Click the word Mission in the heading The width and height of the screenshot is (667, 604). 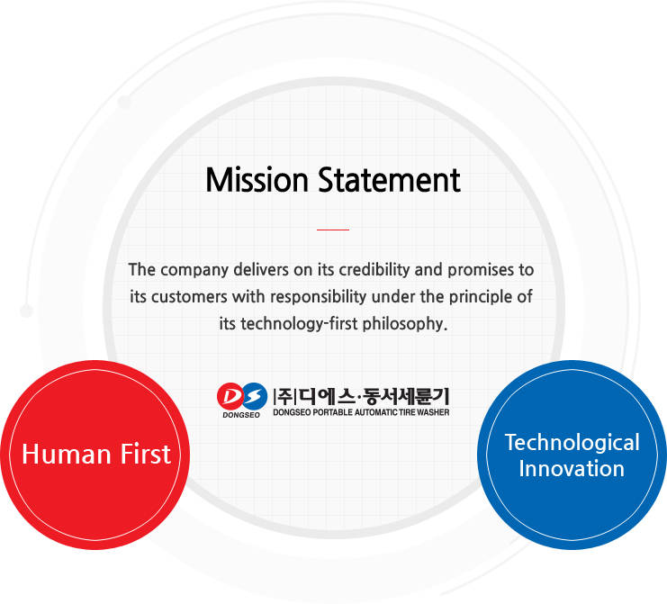(257, 180)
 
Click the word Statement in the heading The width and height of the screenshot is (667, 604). (389, 180)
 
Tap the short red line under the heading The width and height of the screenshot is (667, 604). (333, 230)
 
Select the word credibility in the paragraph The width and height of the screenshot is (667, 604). (374, 270)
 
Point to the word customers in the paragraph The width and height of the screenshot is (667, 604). (189, 297)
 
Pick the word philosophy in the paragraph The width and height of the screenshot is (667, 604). (403, 324)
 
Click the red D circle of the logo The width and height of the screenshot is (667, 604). (230, 396)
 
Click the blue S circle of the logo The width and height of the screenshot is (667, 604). (255, 396)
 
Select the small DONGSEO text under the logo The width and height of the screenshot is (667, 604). (241, 415)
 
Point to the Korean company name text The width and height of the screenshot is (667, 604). (361, 396)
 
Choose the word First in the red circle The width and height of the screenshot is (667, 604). (146, 454)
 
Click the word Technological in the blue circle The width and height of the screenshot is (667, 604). (572, 443)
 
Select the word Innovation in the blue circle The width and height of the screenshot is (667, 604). (572, 469)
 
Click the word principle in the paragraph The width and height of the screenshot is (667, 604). (481, 297)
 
